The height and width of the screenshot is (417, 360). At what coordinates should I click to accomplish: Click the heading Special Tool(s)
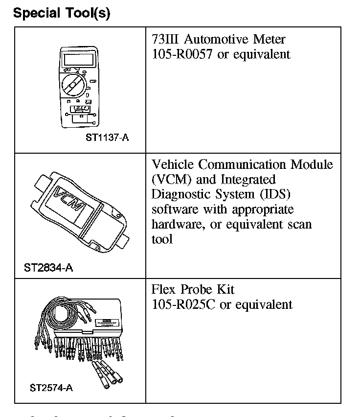tap(62, 13)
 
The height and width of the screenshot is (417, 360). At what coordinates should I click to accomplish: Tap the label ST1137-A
tap(107, 138)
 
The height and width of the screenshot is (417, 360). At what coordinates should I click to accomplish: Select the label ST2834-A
tap(48, 268)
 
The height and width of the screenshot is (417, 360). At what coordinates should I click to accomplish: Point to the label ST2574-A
tap(51, 388)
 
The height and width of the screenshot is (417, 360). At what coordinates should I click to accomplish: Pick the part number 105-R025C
tap(184, 304)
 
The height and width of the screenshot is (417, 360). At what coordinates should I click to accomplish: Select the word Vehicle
tap(173, 164)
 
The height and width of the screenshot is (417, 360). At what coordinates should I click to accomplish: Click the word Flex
tap(163, 290)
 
